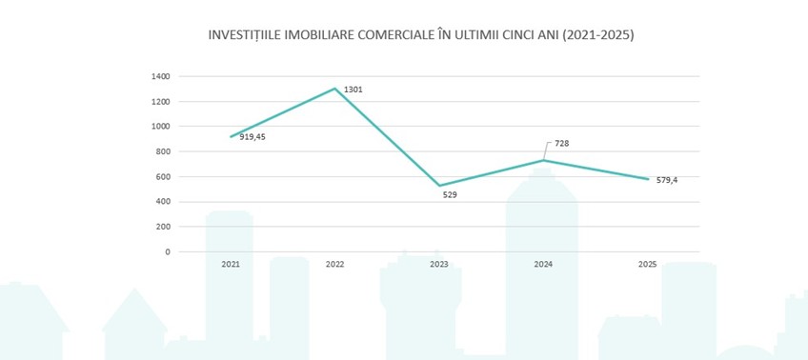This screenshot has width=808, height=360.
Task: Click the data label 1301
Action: click(353, 90)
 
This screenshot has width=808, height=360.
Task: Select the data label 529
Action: click(450, 194)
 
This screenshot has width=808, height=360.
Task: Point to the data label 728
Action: click(562, 144)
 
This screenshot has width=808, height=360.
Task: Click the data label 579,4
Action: click(665, 179)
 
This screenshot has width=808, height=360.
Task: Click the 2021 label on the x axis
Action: click(230, 264)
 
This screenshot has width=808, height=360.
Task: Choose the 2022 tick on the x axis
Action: click(334, 264)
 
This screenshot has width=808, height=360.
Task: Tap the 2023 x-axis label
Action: click(439, 264)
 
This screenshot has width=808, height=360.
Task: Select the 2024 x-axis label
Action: click(543, 264)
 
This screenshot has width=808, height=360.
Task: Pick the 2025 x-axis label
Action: click(648, 264)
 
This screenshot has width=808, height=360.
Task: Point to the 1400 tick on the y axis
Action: click(161, 76)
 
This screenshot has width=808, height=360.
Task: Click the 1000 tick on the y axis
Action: click(161, 127)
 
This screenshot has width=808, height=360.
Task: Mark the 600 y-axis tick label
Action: click(163, 177)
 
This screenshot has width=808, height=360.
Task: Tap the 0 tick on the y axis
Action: click(168, 252)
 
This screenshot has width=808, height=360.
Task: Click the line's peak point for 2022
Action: click(334, 89)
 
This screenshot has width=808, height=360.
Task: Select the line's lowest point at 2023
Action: click(439, 186)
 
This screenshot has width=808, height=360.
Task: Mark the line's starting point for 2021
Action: click(230, 136)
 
